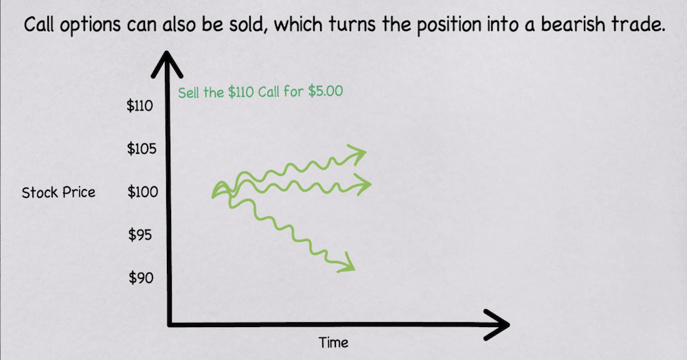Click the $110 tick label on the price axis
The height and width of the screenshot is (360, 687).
tap(139, 106)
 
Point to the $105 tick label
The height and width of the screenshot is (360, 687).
tap(142, 149)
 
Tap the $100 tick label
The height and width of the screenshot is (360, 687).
tap(143, 192)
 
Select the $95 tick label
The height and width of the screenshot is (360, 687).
tap(139, 235)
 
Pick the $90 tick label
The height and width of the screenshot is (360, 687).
tap(141, 278)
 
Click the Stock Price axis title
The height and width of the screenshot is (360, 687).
tap(58, 192)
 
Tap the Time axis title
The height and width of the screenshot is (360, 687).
tap(333, 343)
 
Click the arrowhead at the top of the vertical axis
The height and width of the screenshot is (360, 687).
tap(166, 65)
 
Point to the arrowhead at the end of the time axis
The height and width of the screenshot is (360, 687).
tap(497, 324)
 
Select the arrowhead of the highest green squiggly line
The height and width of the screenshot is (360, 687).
tap(357, 154)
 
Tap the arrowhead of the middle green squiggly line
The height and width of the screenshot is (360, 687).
tap(362, 184)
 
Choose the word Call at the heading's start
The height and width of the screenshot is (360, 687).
tap(38, 25)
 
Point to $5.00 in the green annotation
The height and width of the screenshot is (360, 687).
tap(326, 91)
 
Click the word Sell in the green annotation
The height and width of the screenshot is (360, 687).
tap(188, 93)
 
